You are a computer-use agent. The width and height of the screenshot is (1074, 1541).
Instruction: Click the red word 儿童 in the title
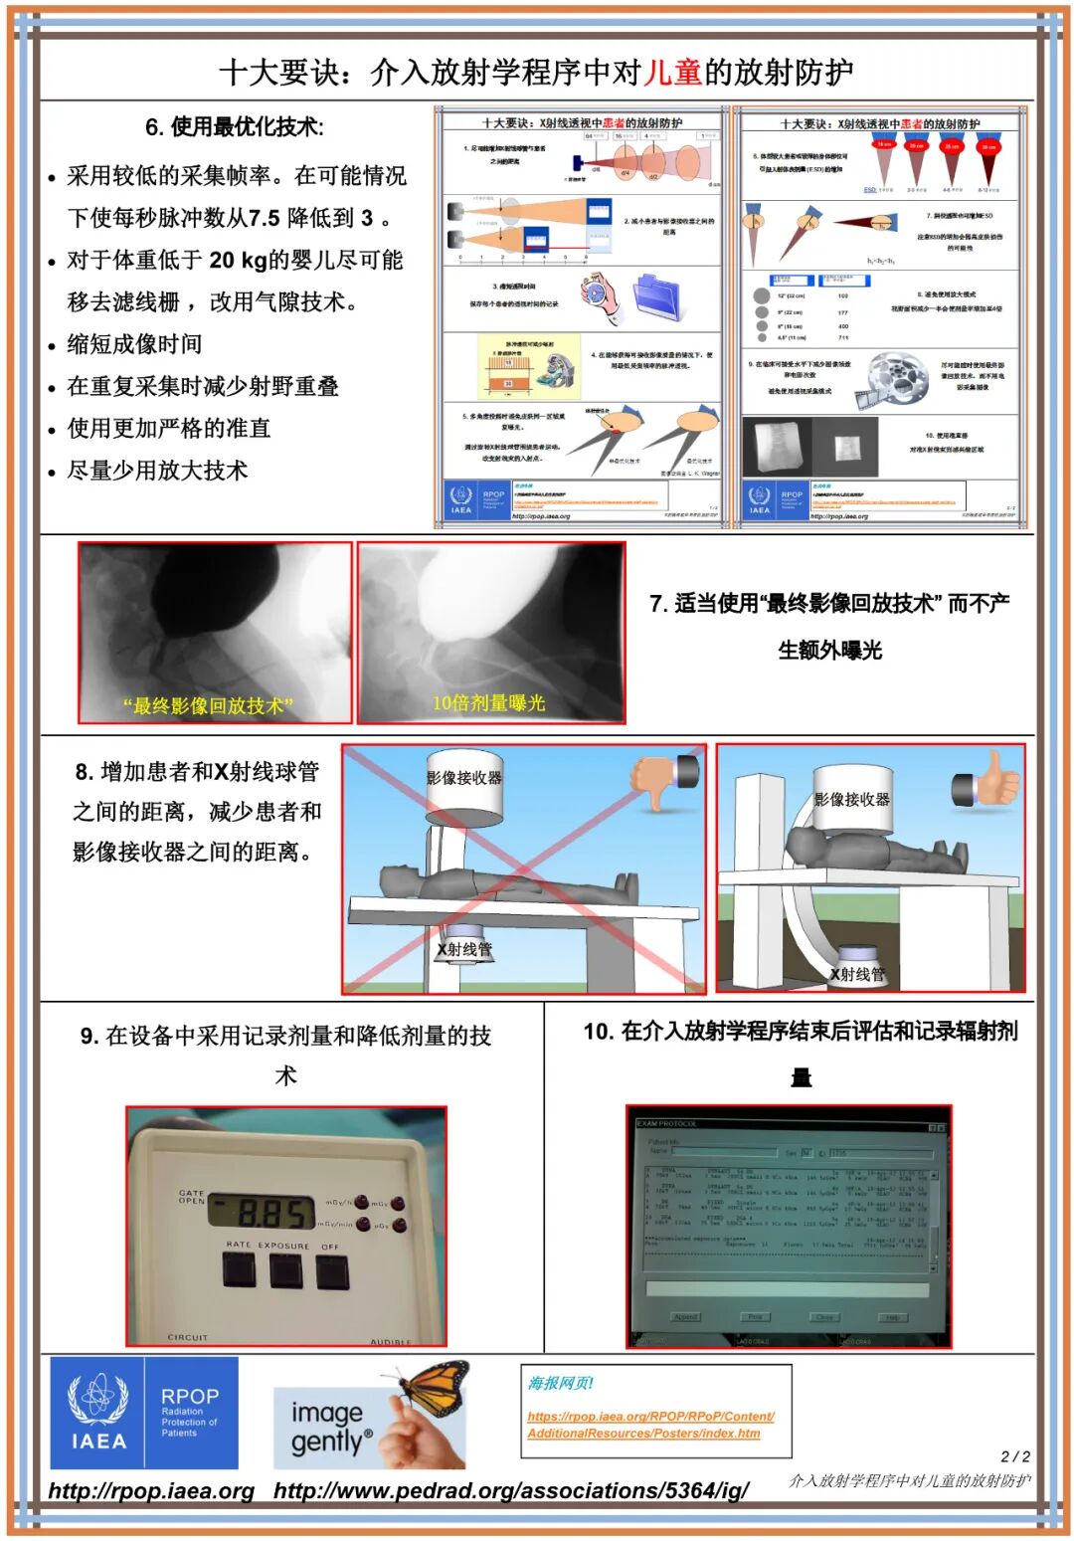673,73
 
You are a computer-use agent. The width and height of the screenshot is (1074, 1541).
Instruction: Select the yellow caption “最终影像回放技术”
208,705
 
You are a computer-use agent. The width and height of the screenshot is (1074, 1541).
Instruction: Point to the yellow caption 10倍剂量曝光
488,702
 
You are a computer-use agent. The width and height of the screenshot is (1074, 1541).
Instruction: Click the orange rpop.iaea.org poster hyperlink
650,1425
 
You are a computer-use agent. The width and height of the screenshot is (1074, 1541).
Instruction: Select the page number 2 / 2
1014,1455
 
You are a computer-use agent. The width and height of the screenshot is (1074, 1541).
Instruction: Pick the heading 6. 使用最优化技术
234,126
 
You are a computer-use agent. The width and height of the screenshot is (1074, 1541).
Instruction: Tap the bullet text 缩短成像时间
134,344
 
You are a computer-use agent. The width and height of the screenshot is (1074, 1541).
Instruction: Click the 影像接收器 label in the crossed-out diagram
464,777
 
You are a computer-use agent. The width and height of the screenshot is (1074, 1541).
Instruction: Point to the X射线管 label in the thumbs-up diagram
857,974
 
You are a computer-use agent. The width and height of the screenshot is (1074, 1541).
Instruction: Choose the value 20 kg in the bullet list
236,260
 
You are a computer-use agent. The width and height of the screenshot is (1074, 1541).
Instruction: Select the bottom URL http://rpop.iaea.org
151,1490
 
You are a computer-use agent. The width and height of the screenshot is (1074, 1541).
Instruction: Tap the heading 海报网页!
560,1383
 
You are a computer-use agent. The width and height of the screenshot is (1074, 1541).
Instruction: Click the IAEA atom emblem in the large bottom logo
97,1399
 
